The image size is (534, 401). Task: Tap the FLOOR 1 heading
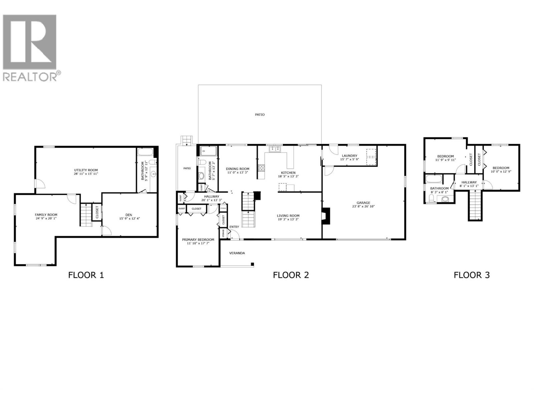coord(86,275)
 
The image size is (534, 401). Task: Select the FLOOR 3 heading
coord(471,275)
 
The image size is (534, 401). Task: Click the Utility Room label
coord(86,170)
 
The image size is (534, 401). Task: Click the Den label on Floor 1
coord(128,215)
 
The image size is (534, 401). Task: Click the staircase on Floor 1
coord(85,215)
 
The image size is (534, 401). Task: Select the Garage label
coord(363,203)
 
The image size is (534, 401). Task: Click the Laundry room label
coord(349,156)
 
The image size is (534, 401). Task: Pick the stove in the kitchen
coord(261,168)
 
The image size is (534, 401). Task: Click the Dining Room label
coord(237,169)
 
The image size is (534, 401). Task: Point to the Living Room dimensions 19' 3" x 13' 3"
coord(288,220)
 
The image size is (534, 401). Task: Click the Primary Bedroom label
coord(198,240)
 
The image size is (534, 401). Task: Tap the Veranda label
coord(237,253)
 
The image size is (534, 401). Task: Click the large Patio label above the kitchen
coord(260,115)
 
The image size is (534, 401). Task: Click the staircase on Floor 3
coord(475,205)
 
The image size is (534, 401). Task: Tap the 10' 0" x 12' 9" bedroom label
coord(501,172)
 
